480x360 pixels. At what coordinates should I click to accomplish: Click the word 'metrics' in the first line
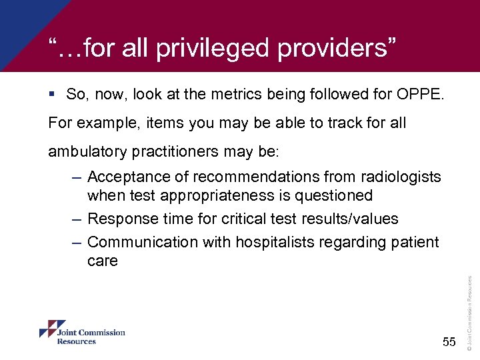click(x=234, y=94)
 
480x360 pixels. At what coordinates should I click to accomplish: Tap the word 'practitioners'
click(x=182, y=152)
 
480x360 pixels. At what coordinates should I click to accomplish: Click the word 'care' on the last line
click(x=102, y=261)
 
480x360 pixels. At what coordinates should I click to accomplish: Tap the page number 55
click(x=448, y=342)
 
